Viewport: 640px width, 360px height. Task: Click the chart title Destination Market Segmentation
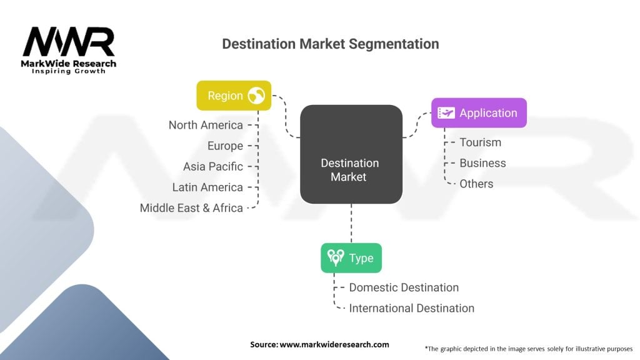330,44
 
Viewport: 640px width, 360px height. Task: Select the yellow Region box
234,96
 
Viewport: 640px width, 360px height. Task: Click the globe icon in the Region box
256,96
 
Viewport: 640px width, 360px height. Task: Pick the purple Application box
479,113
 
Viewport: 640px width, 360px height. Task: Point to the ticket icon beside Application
446,113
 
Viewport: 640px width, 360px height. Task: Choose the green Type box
351,258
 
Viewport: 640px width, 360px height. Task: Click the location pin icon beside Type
336,258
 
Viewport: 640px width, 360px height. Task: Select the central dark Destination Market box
351,154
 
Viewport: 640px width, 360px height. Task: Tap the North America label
206,125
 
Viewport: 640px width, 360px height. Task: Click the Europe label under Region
225,146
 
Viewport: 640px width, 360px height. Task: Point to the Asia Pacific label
212,166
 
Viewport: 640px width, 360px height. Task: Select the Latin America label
207,187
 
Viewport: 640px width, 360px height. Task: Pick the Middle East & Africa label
191,208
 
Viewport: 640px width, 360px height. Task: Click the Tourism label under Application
480,142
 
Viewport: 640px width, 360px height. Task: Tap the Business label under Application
482,163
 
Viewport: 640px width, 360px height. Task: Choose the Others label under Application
476,184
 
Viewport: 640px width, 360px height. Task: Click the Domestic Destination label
404,287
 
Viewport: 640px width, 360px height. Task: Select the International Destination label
411,308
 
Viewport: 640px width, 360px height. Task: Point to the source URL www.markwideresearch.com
334,344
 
